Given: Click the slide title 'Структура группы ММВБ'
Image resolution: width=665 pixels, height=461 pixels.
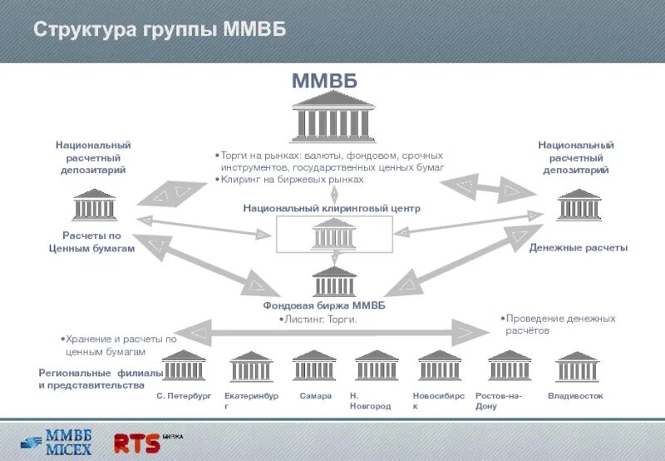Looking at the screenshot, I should click(160, 29).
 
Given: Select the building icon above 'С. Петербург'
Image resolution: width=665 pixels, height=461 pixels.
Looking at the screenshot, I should click(184, 366).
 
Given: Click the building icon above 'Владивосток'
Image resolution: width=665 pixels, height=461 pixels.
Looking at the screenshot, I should click(576, 366).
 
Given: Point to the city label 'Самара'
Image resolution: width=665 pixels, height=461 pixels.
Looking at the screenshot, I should click(316, 396).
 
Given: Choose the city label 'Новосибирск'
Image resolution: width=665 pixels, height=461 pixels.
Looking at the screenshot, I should click(438, 401).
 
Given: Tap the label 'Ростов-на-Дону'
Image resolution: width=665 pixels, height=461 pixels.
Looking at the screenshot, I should click(499, 401).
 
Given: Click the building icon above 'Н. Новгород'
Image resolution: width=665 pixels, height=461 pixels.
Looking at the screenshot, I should click(377, 366).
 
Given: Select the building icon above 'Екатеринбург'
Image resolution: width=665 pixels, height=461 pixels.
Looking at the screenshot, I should click(250, 366).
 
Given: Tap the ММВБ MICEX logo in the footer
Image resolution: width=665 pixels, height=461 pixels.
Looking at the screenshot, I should click(57, 440).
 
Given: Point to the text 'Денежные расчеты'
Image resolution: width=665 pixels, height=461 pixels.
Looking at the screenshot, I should click(579, 248).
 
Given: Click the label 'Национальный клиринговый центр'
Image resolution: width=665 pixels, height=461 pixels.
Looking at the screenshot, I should click(332, 208).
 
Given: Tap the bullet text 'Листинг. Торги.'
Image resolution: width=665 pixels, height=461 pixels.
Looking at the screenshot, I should click(320, 319).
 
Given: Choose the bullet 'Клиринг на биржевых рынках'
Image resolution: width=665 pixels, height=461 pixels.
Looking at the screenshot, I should click(289, 179).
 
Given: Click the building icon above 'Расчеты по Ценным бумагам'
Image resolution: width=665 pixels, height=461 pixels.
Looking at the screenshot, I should click(94, 206).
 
